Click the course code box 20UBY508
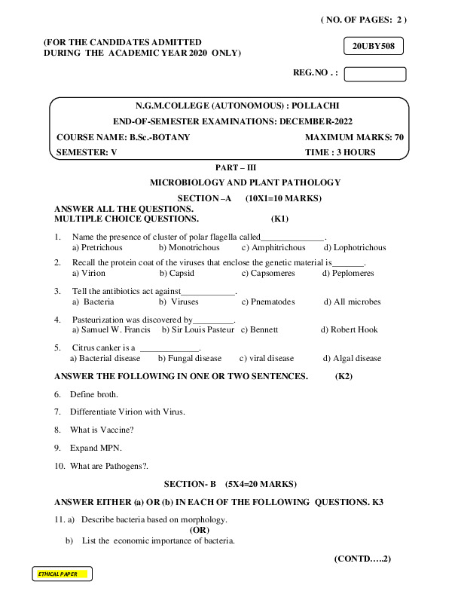[x=374, y=47]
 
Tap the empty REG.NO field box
[x=374, y=74]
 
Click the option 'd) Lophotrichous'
[x=354, y=247]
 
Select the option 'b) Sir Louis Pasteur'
[x=198, y=330]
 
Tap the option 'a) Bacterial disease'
[x=105, y=359]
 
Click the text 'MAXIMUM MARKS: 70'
[x=354, y=137]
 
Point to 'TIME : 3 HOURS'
[x=340, y=152]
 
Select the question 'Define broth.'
[x=94, y=394]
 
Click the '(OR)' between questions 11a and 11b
[x=199, y=530]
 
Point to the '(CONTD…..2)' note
[x=362, y=559]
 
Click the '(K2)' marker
[x=343, y=375]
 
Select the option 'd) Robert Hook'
[x=350, y=330]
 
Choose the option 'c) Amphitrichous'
[x=273, y=247]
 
